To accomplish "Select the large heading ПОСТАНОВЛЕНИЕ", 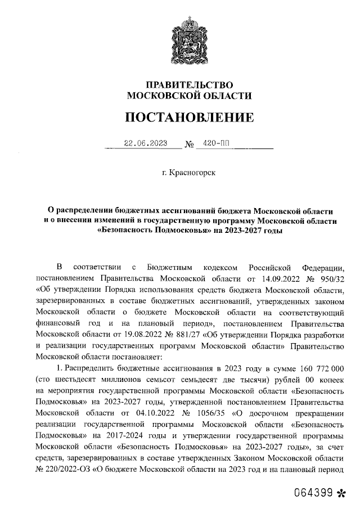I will click(190, 117).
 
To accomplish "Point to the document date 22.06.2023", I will click(146, 143).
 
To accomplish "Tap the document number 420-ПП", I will click(211, 143).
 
